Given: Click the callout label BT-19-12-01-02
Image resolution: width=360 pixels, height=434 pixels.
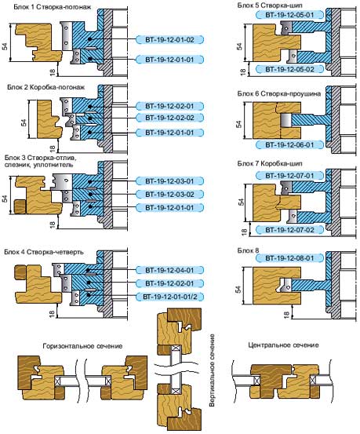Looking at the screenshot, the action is pyautogui.click(x=169, y=40).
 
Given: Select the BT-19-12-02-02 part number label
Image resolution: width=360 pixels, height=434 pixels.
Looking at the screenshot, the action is pyautogui.click(x=169, y=118).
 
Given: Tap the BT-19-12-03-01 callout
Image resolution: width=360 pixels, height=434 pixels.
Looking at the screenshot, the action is pyautogui.click(x=169, y=181).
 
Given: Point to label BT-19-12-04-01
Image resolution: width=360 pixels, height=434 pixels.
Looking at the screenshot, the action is pyautogui.click(x=169, y=270).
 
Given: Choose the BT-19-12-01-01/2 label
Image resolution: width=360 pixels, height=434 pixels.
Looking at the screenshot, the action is pyautogui.click(x=169, y=297).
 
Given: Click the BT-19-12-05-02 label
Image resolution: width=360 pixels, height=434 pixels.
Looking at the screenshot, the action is pyautogui.click(x=289, y=69).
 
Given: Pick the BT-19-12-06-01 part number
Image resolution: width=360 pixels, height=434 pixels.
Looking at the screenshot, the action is pyautogui.click(x=289, y=144).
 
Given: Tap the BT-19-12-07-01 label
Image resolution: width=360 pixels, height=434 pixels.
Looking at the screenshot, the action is pyautogui.click(x=289, y=176).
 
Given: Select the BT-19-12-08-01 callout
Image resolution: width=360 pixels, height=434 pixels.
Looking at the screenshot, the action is pyautogui.click(x=289, y=258).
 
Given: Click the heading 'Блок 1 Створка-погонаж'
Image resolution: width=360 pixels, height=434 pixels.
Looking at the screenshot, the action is pyautogui.click(x=53, y=6).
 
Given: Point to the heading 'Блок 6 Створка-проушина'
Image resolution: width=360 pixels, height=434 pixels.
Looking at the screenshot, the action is pyautogui.click(x=279, y=94).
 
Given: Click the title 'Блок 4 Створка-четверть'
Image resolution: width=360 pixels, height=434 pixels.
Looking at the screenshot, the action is pyautogui.click(x=44, y=252).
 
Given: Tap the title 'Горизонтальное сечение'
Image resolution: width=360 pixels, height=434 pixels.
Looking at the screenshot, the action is pyautogui.click(x=82, y=346).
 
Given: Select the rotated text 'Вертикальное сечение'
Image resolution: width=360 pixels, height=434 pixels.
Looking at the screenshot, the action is pyautogui.click(x=212, y=370).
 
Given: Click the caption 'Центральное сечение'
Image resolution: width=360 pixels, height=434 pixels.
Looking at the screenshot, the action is pyautogui.click(x=283, y=345).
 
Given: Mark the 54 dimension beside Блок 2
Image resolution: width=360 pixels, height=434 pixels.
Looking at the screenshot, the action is pyautogui.click(x=24, y=123).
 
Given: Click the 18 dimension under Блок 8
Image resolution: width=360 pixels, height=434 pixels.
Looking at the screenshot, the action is pyautogui.click(x=286, y=314).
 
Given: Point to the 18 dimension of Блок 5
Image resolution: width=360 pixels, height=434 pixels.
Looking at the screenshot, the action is pyautogui.click(x=242, y=72).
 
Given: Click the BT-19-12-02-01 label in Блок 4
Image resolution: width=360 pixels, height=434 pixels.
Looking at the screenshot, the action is pyautogui.click(x=169, y=283).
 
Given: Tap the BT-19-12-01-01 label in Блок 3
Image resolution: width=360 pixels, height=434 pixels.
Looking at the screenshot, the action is pyautogui.click(x=169, y=208).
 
